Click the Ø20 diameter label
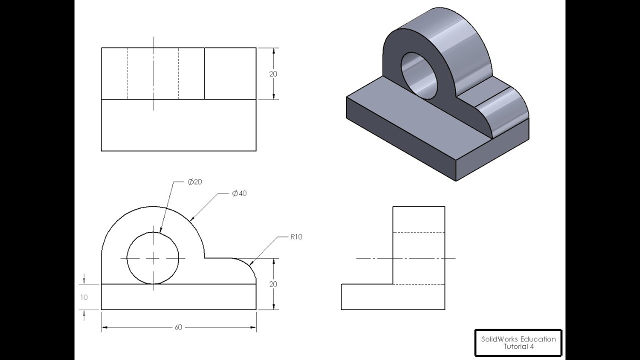(195, 182)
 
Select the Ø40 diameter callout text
(239, 193)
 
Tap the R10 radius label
(296, 237)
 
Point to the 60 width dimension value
(178, 327)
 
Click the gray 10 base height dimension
(84, 297)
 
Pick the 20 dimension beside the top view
(273, 74)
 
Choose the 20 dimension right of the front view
(273, 284)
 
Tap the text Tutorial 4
(518, 346)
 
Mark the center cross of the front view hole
(153, 258)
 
